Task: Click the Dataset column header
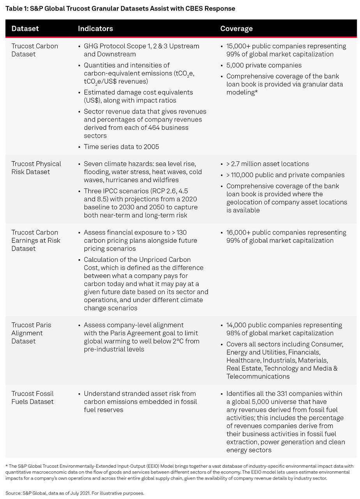coord(25,28)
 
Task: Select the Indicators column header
coord(95,28)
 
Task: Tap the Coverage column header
coord(236,28)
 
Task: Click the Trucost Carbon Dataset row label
coord(35,50)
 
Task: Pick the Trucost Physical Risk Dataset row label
coord(36,168)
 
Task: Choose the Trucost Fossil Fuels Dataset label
coord(32,398)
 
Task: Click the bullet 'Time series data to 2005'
coord(121,147)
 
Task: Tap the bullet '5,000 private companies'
coord(264,65)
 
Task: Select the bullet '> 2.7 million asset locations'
coord(267,164)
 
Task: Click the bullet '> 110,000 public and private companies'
coord(285,175)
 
